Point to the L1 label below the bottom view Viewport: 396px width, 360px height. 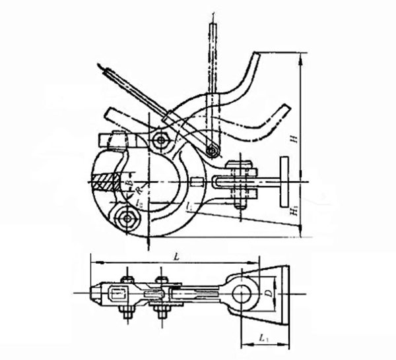coord(263,338)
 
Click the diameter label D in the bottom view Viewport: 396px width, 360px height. coord(267,289)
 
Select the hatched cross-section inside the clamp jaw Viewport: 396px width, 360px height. coord(104,181)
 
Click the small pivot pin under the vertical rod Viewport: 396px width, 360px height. coord(211,150)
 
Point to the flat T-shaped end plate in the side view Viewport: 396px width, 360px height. coord(283,181)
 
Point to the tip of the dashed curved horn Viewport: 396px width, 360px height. coord(291,109)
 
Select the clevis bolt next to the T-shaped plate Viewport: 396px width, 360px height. coord(240,179)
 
